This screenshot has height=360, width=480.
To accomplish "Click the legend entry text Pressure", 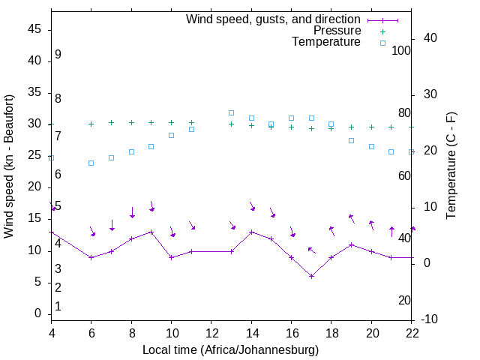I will pyautogui.click(x=337, y=31).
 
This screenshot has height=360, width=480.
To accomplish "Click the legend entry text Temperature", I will pyautogui.click(x=326, y=42).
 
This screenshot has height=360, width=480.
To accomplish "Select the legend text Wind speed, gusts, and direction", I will pyautogui.click(x=274, y=19).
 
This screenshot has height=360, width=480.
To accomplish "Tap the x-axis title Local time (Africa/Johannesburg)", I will pyautogui.click(x=230, y=349).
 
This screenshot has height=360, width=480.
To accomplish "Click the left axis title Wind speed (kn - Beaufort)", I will pyautogui.click(x=9, y=166).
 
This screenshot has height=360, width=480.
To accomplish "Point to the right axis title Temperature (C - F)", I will pyautogui.click(x=451, y=166).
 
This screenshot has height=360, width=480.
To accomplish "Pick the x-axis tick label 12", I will pyautogui.click(x=211, y=333).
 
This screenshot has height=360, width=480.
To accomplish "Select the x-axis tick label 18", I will pyautogui.click(x=331, y=333).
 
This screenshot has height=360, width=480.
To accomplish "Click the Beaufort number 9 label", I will pyautogui.click(x=58, y=55).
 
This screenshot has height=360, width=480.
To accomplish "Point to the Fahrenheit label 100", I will pyautogui.click(x=401, y=51).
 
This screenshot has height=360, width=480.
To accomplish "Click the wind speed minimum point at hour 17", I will pyautogui.click(x=311, y=276).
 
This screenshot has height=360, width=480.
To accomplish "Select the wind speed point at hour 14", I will pyautogui.click(x=251, y=232).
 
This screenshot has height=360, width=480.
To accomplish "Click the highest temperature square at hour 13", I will pyautogui.click(x=231, y=112).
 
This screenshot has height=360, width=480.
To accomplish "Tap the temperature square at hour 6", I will pyautogui.click(x=91, y=163).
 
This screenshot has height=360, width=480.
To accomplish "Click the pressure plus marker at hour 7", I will pyautogui.click(x=111, y=122).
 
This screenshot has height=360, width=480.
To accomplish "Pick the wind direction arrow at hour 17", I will pyautogui.click(x=311, y=250).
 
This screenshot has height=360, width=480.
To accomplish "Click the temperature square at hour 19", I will pyautogui.click(x=351, y=140).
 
